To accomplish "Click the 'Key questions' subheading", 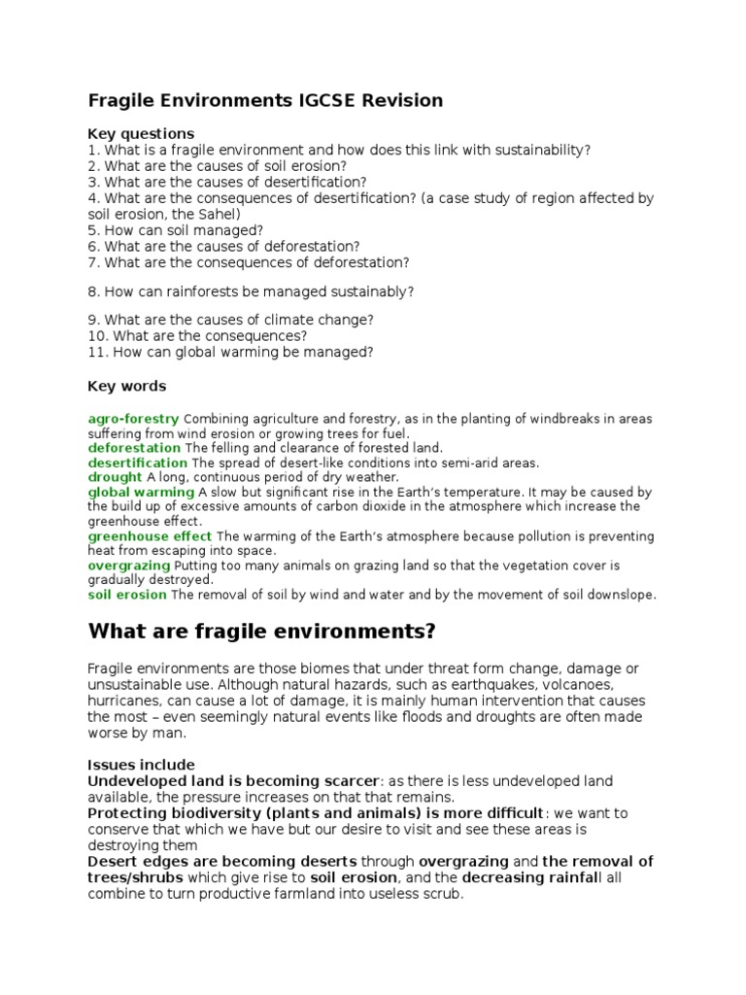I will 141,133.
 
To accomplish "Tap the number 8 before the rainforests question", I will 92,292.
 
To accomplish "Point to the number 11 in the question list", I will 95,352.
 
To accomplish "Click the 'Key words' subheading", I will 127,386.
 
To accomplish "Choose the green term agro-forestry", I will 133,419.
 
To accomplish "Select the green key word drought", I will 115,477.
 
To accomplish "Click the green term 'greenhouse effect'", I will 150,535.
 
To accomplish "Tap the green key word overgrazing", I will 128,565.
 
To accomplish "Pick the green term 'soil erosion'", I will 127,594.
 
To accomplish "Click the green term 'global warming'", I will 141,492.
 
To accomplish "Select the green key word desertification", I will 137,463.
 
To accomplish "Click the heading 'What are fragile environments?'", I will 262,632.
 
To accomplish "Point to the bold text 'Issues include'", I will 141,765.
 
